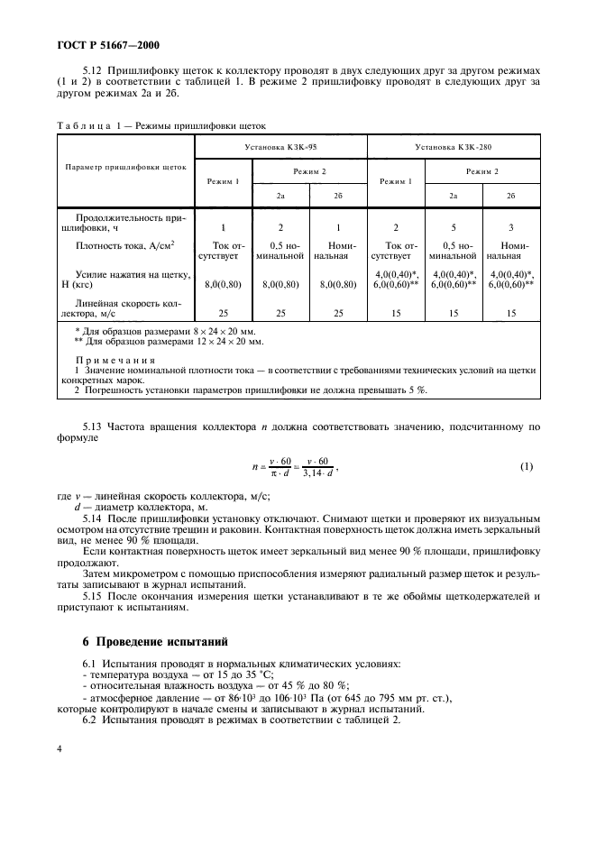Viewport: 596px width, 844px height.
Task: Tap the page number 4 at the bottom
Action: [x=59, y=747]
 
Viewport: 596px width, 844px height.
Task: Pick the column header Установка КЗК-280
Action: [x=454, y=145]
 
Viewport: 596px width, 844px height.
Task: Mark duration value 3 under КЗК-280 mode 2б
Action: [x=511, y=227]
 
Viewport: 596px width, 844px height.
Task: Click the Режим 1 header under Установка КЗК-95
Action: [x=224, y=181]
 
